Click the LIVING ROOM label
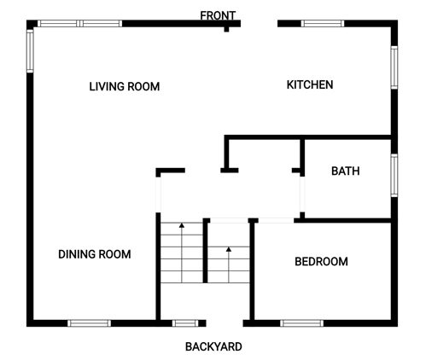pos(125,86)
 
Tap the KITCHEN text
pos(310,84)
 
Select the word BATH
pos(346,171)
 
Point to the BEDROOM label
pos(321,262)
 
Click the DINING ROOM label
pos(95,254)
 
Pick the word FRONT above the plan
pos(218,15)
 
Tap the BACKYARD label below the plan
pos(213,346)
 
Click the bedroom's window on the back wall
pos(302,323)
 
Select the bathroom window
pos(394,175)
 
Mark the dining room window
pos(89,323)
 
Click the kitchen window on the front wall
pos(323,23)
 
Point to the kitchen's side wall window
pos(394,67)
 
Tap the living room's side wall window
pos(30,51)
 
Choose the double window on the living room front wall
pos(80,23)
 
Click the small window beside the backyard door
pos(185,323)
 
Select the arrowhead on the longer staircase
pos(182,225)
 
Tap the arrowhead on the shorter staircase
pos(229,249)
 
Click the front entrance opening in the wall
pos(260,23)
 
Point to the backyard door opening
pos(225,323)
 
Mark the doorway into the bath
pos(302,195)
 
